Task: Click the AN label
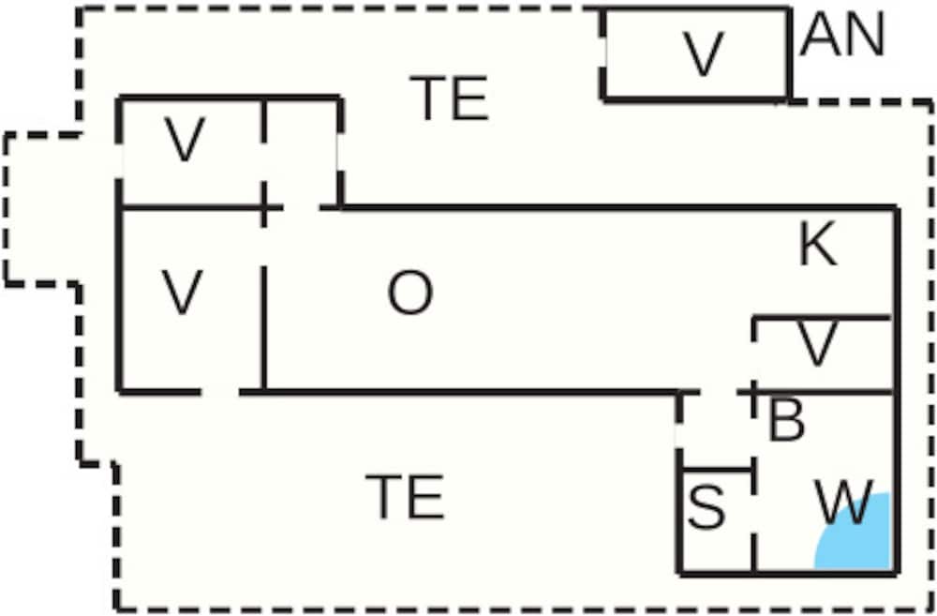coord(842,35)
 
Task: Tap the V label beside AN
coord(704,53)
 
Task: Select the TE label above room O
coord(449,98)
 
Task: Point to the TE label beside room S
coord(405,496)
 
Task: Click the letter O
coord(410,293)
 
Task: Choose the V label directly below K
coord(817,344)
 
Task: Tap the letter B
coord(786,421)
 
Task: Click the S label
coord(706,507)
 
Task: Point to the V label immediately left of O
coord(183,293)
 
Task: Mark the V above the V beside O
coord(185,140)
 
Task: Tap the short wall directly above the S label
coord(717,470)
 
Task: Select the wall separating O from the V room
coord(263,328)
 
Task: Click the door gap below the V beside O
coord(220,392)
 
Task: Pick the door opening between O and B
coord(719,392)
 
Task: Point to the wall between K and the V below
coord(823,318)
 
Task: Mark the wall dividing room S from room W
coord(754,519)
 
